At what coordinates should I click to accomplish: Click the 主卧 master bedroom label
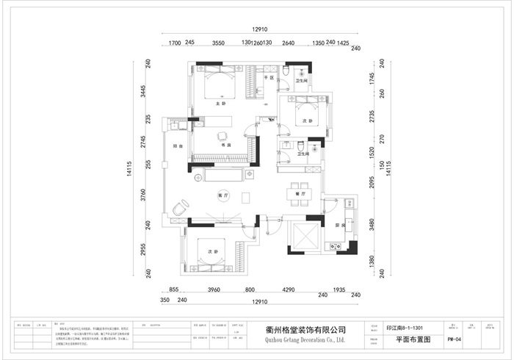click(x=218, y=104)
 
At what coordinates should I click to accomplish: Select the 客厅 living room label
click(x=223, y=195)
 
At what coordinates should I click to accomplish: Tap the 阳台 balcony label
click(x=177, y=145)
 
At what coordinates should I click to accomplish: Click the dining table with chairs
click(x=299, y=191)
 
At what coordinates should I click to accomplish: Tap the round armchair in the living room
click(x=180, y=209)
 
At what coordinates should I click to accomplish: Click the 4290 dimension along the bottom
click(x=289, y=290)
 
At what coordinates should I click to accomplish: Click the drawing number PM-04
click(x=454, y=340)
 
